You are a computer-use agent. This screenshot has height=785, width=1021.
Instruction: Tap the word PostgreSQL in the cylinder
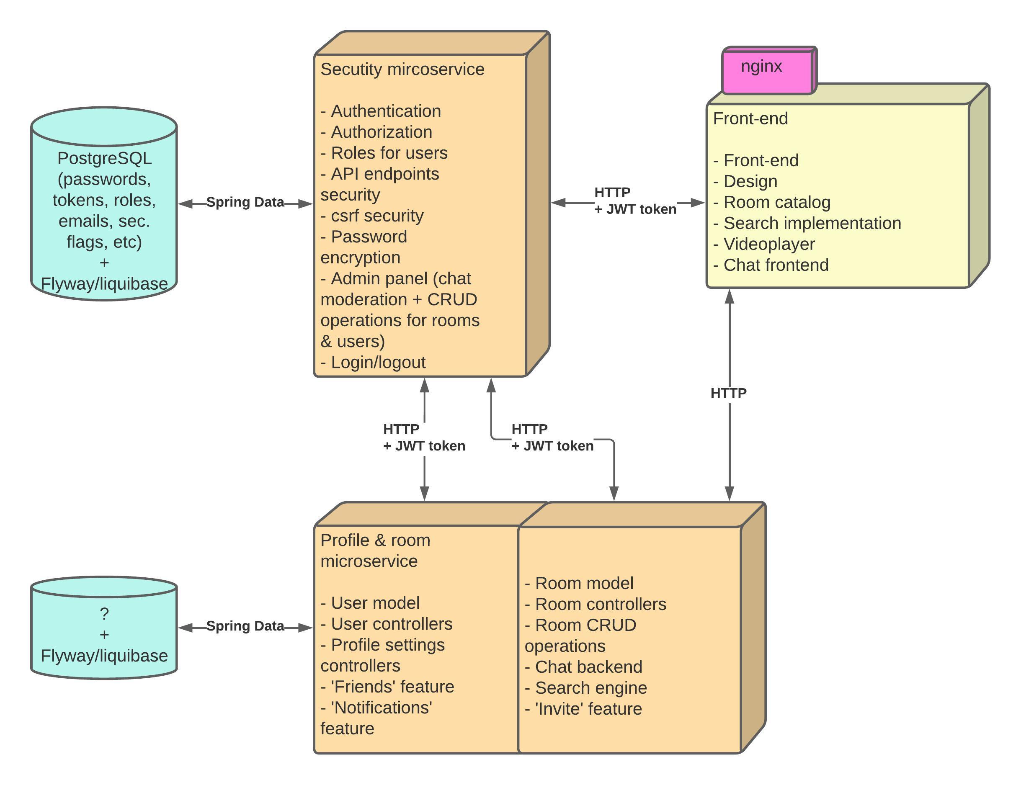point(104,158)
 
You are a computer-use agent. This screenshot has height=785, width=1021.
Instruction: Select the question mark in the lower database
point(104,613)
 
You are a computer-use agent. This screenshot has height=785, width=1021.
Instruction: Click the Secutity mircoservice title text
point(402,69)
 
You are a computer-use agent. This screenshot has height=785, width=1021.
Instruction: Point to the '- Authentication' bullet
point(381,111)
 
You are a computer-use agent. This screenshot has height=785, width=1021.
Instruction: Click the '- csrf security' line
point(372,216)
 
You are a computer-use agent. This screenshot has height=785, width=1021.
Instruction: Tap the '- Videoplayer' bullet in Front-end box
point(764,244)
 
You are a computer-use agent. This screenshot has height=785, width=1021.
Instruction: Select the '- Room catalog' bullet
point(772,202)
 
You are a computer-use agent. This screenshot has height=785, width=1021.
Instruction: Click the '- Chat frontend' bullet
point(771,265)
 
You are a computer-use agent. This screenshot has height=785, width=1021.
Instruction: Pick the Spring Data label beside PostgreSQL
point(245,202)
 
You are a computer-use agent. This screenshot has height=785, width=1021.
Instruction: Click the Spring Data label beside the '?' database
point(245,626)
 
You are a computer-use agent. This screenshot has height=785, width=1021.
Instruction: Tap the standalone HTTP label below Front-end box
point(728,394)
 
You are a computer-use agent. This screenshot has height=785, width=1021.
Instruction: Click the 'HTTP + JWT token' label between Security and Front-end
point(634,201)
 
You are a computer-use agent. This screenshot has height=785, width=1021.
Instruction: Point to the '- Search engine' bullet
point(586,688)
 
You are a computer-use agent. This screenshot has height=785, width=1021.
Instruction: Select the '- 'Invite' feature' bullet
point(583,709)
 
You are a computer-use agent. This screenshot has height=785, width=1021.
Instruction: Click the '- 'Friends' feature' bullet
point(387,687)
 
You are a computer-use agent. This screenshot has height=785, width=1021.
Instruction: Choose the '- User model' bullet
point(370,603)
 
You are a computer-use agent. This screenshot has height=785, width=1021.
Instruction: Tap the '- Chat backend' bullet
point(584,667)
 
